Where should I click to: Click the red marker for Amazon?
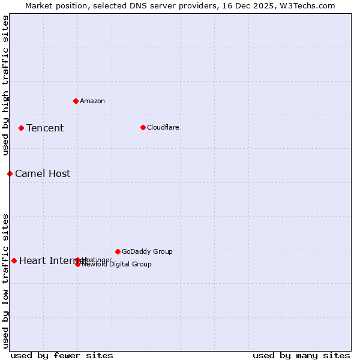coord(76,101)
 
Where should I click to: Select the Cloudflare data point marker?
coord(143,127)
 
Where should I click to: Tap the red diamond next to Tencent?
coord(21,128)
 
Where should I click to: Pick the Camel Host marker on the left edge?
coord(10,173)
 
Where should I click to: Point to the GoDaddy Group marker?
coord(118,251)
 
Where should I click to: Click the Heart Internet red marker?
coord(14,260)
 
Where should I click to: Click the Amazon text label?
coord(92,101)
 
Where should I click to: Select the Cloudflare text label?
coord(163,127)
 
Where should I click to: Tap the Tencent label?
coord(45,128)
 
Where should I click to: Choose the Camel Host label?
coord(43,174)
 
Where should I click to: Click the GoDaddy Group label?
coord(147,251)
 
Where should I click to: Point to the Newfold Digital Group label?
coord(116,265)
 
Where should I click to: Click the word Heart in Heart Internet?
coord(31,260)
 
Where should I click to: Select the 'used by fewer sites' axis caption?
coord(62,355)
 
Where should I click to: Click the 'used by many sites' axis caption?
coord(301,355)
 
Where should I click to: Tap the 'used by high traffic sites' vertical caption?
coord(6,85)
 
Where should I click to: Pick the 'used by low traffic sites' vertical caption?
coord(6,281)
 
